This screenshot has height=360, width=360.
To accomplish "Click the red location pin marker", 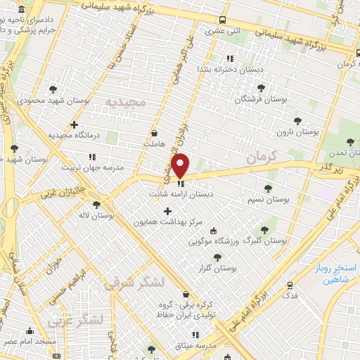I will click(x=181, y=165).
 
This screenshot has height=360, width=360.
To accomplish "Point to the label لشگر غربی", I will click(x=76, y=321).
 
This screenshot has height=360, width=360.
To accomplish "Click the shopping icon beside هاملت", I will click(x=155, y=133).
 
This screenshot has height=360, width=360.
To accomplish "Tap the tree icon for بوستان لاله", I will click(x=96, y=205).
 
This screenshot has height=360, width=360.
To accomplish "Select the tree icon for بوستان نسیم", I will click(x=267, y=188).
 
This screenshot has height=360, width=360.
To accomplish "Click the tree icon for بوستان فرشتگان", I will click(x=262, y=88).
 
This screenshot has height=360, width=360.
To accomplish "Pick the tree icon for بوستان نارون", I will click(x=297, y=121).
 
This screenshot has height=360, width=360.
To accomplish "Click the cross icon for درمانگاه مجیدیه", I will click(x=74, y=124).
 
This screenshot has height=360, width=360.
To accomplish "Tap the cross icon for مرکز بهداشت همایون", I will click(x=167, y=211).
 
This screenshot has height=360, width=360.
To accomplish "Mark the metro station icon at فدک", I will click(x=289, y=285).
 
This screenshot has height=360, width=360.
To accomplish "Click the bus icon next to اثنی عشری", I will click(x=222, y=20).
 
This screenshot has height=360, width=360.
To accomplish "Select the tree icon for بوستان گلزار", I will click(x=217, y=257).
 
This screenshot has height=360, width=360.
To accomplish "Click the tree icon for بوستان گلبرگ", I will click(x=264, y=229).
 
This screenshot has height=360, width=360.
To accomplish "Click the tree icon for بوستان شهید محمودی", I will click(x=53, y=89).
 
